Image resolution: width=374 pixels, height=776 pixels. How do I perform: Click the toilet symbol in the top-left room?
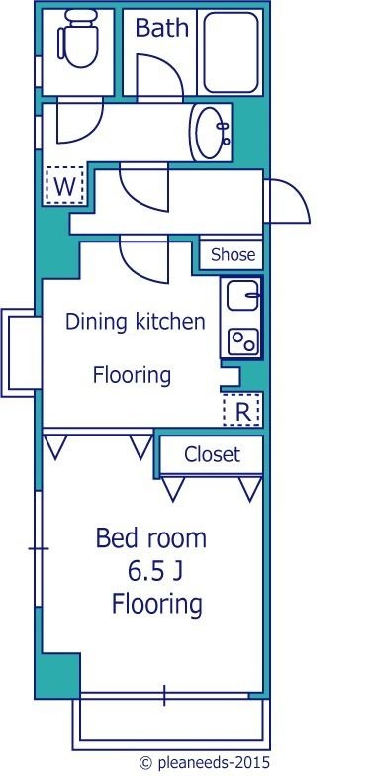[77, 40]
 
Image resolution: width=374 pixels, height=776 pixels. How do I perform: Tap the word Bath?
[162, 28]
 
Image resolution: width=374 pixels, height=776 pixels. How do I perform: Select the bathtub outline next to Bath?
[231, 51]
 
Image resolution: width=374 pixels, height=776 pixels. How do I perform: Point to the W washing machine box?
[65, 185]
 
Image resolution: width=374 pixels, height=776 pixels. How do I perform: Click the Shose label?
[234, 255]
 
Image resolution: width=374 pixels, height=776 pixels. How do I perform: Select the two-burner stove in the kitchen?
[243, 341]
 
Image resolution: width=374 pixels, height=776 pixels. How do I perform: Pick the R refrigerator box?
[241, 410]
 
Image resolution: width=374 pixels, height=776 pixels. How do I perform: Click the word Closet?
[212, 454]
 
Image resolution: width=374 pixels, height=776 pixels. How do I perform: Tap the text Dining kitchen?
[135, 323]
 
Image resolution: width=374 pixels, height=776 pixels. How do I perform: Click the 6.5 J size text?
[154, 572]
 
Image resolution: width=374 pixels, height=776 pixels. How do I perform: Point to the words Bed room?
[150, 538]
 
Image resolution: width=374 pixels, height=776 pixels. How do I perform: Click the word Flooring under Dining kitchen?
[132, 376]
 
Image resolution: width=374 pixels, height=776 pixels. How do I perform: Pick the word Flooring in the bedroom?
[157, 605]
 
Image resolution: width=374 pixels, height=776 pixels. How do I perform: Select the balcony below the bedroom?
[171, 724]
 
